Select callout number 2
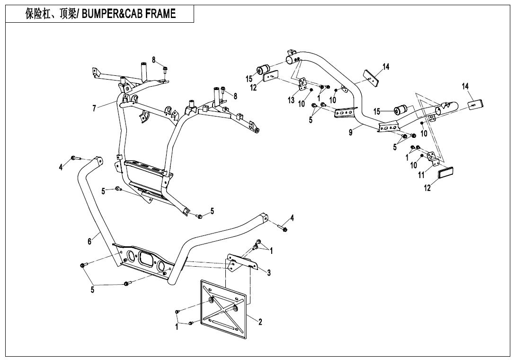tap(260, 322)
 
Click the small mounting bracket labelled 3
tap(241, 261)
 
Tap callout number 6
tap(89, 241)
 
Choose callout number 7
tap(95, 108)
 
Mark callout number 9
tap(351, 133)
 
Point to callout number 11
tap(421, 175)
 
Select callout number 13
tap(291, 100)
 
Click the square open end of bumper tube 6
tap(264, 218)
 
